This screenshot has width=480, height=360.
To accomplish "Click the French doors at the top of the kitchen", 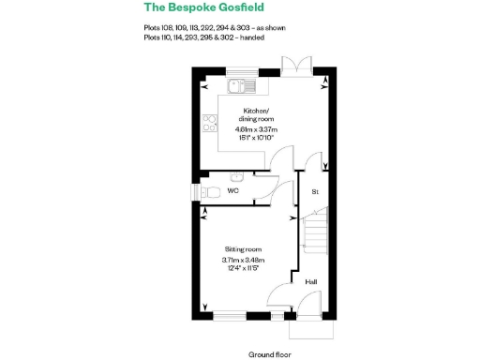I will click(x=295, y=66).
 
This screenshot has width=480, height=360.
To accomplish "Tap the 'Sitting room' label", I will click(x=242, y=249).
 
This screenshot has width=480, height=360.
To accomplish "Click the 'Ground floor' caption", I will click(x=270, y=354).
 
